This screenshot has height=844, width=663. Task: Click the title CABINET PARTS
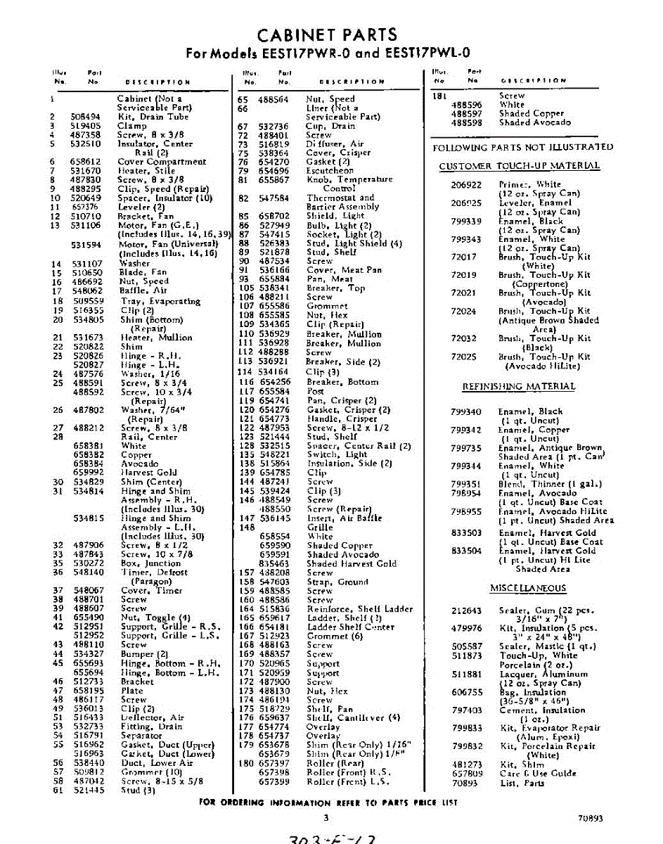[327, 34]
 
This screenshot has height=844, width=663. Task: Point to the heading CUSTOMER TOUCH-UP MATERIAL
[519, 166]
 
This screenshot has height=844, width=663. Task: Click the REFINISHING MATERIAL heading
[518, 387]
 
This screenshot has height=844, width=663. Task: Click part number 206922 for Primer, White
[466, 184]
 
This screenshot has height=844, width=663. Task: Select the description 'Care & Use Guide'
[538, 773]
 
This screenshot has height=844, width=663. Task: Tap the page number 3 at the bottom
[326, 817]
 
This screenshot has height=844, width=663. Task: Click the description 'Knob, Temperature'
[349, 180]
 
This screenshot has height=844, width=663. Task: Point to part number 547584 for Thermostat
[274, 198]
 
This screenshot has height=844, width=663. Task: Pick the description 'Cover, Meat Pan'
[344, 270]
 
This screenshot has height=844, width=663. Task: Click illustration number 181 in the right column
[440, 96]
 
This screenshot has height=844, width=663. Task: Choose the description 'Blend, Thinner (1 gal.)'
[548, 484]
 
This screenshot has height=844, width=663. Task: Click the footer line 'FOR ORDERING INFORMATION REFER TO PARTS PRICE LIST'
[328, 803]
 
